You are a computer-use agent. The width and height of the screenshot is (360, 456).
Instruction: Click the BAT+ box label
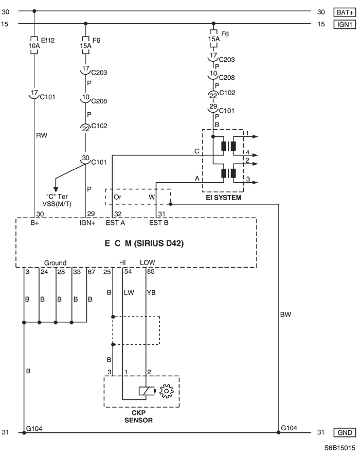[345, 12]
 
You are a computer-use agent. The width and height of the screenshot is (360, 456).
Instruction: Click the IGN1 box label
[345, 24]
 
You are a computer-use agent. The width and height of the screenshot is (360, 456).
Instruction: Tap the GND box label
[345, 432]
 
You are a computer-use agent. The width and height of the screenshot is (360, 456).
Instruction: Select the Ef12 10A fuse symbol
[34, 45]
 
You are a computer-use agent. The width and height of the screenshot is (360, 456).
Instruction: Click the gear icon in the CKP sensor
[167, 391]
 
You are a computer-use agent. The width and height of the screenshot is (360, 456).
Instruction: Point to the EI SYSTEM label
[223, 198]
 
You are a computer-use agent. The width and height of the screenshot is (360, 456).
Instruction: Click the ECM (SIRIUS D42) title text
[144, 243]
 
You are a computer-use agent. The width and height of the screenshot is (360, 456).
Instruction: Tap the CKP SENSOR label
[138, 416]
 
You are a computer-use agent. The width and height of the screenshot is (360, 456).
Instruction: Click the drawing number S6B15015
[339, 448]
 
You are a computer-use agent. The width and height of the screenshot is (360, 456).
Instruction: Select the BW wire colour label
[285, 314]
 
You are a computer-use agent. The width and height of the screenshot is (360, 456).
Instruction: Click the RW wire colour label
[42, 135]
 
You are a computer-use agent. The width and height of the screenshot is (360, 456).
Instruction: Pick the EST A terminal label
[115, 223]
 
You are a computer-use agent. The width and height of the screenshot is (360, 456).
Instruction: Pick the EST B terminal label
[158, 223]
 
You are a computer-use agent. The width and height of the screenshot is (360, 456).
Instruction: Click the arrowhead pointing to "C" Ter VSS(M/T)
[56, 189]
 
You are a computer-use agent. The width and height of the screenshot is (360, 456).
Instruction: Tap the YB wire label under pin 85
[151, 292]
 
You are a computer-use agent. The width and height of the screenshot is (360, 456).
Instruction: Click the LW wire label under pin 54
[129, 292]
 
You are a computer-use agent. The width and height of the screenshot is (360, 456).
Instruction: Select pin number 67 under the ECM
[92, 272]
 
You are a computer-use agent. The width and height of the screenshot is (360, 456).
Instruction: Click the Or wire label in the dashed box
[117, 197]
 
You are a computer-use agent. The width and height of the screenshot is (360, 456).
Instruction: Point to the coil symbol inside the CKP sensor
[147, 391]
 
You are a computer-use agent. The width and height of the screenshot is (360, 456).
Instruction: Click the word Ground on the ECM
[55, 263]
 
